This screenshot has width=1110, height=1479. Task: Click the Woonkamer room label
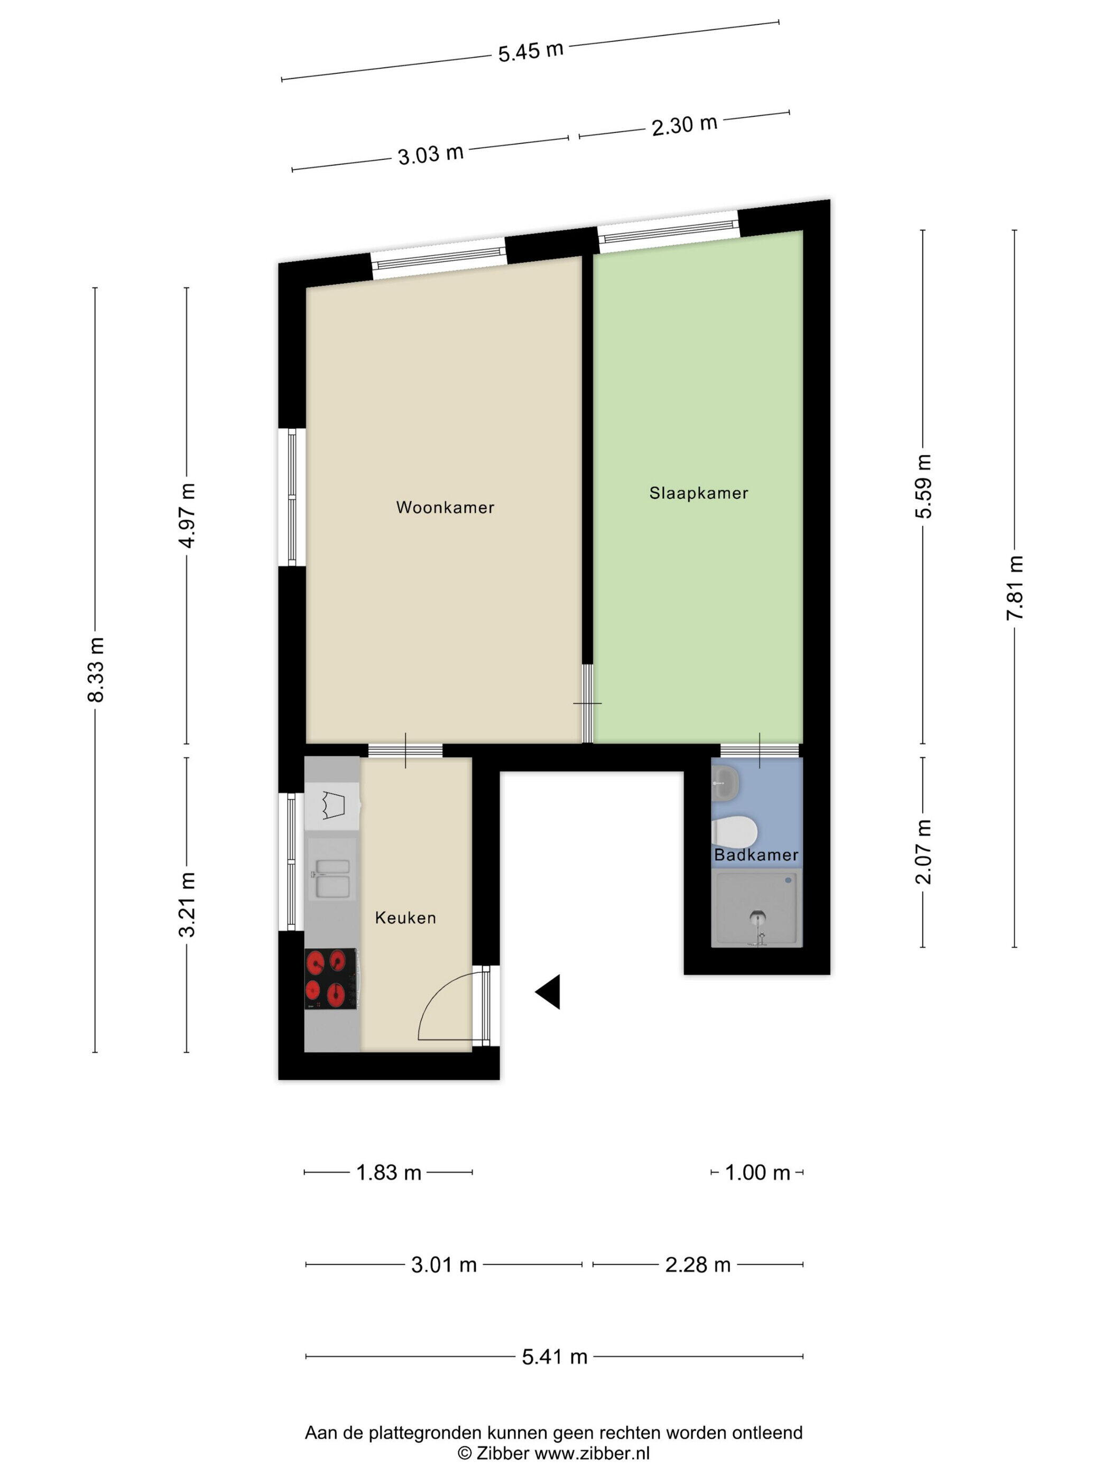[445, 508]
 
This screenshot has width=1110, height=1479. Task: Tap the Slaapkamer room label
[699, 493]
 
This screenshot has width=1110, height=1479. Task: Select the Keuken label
[405, 918]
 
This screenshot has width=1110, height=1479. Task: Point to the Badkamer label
[756, 855]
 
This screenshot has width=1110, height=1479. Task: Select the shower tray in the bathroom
[757, 907]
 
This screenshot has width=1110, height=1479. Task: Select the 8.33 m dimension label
[96, 669]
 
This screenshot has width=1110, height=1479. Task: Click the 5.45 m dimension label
[531, 51]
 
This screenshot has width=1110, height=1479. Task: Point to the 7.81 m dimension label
[1015, 588]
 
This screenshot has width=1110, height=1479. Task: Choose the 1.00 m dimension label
[757, 1172]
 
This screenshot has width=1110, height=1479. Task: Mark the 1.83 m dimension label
[388, 1172]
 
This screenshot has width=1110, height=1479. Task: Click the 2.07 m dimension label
[923, 853]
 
